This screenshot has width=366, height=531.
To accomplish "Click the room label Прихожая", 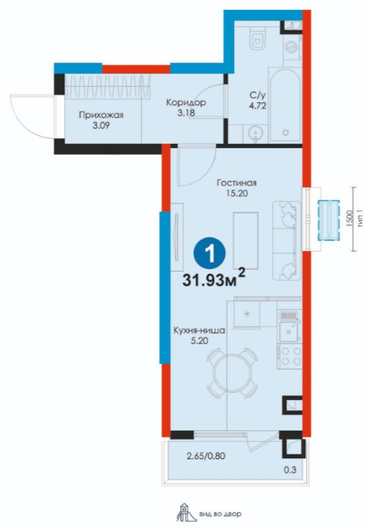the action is (101, 115).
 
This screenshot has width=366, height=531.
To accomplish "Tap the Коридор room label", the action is (186, 103).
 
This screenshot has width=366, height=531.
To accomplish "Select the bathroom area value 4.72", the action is (258, 105).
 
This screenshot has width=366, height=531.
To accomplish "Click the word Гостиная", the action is (236, 183).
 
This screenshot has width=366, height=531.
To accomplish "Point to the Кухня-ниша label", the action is (199, 331).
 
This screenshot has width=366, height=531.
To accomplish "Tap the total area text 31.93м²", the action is (214, 278).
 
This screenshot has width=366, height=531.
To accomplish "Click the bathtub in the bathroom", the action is (286, 106).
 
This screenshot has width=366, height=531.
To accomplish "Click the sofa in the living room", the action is (286, 241).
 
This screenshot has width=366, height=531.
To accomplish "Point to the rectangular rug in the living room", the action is (246, 241).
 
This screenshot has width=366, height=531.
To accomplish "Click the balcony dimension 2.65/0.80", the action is (206, 456).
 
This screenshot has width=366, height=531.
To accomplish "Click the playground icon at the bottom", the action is (185, 512).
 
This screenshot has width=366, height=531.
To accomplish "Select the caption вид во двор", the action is (221, 514).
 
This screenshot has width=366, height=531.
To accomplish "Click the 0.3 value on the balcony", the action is (291, 470).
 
